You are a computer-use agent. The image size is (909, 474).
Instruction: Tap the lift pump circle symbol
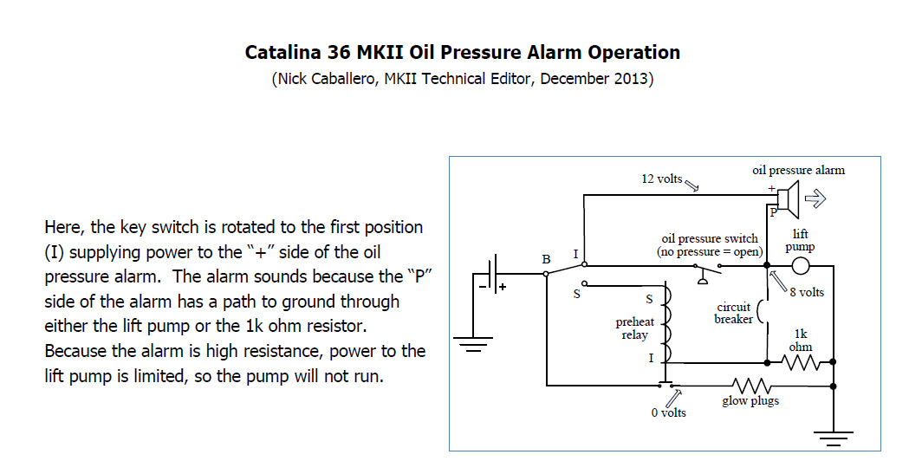[x=801, y=266]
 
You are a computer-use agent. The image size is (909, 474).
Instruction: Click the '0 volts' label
[x=668, y=412]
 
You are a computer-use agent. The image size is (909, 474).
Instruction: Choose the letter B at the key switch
[x=546, y=258]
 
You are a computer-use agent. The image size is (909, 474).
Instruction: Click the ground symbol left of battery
[x=471, y=347]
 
